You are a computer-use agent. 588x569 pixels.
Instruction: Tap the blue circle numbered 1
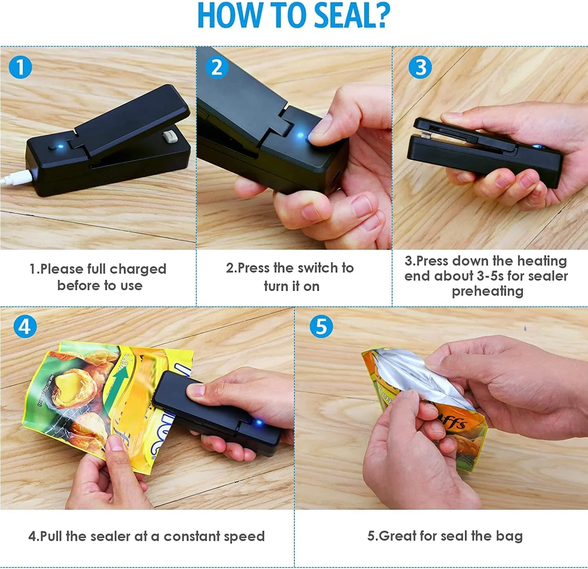click(20, 67)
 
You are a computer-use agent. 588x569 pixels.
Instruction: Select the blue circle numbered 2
click(217, 67)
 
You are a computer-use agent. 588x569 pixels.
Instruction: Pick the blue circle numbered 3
click(420, 67)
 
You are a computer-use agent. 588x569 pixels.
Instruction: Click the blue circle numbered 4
click(25, 326)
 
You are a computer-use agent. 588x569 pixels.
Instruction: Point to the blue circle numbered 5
click(321, 326)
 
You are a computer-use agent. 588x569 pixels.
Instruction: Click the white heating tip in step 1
click(170, 138)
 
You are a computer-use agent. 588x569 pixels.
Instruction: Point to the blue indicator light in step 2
click(301, 136)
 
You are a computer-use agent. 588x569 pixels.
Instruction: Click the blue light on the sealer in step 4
click(258, 423)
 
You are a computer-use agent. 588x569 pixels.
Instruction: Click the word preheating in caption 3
click(487, 291)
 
